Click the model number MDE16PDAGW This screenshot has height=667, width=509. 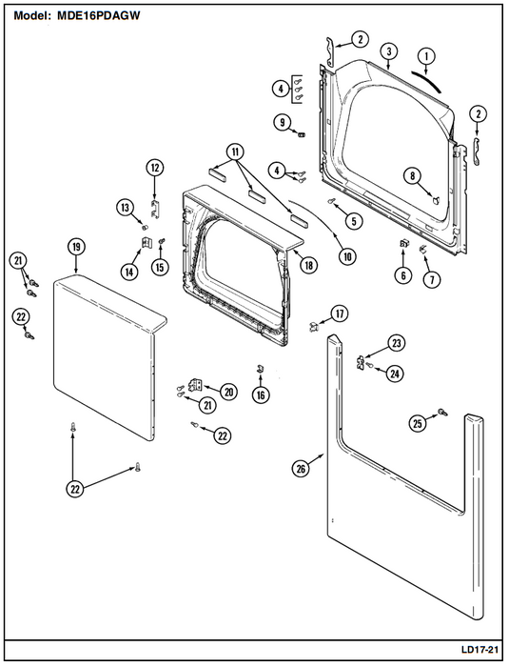pos(99,16)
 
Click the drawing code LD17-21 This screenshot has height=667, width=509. pos(480,650)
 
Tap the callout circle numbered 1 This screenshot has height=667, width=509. pos(427,55)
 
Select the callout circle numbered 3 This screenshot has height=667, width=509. pos(389,51)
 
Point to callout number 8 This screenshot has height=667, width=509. pos(413,175)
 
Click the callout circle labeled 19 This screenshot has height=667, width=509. pos(76,247)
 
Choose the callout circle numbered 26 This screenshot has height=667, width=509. pos(301,469)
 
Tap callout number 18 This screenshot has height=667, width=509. pos(308,265)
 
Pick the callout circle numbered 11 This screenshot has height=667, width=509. pos(235,152)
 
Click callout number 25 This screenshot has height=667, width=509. pos(418,423)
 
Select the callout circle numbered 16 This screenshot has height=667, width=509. pos(261,395)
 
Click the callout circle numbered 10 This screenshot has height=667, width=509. pos(347,256)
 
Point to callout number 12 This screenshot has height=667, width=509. pos(155,168)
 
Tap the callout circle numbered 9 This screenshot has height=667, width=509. pos(283,123)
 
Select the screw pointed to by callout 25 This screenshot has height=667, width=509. pos(442,412)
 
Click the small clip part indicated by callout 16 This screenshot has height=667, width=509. pos(260,369)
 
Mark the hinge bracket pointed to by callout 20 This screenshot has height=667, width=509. pos(196,385)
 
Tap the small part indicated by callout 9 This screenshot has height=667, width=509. pos(303,135)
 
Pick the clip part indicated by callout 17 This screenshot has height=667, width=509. pos(314,327)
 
